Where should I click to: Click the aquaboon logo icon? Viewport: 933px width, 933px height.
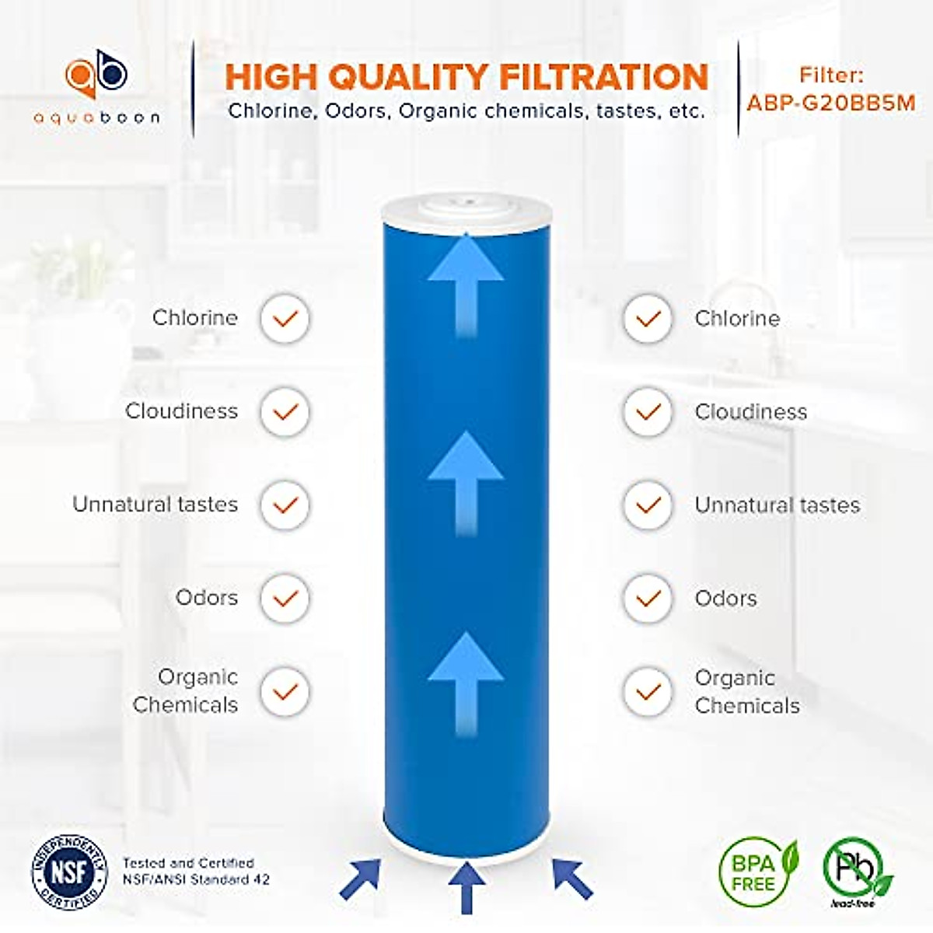click(x=96, y=76)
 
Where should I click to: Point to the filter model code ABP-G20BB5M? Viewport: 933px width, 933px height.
click(x=830, y=103)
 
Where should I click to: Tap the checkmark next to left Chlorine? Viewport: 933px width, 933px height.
click(x=285, y=318)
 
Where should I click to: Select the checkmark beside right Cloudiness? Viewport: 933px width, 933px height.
click(x=647, y=412)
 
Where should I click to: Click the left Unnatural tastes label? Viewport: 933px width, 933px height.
click(x=155, y=505)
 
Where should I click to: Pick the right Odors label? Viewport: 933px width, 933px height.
click(x=725, y=599)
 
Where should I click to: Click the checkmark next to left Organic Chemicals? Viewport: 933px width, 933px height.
click(x=285, y=691)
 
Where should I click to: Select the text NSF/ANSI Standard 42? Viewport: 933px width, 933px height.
click(x=196, y=879)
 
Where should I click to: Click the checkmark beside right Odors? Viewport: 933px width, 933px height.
click(x=647, y=599)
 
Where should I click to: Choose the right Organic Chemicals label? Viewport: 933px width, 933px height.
click(x=746, y=691)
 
